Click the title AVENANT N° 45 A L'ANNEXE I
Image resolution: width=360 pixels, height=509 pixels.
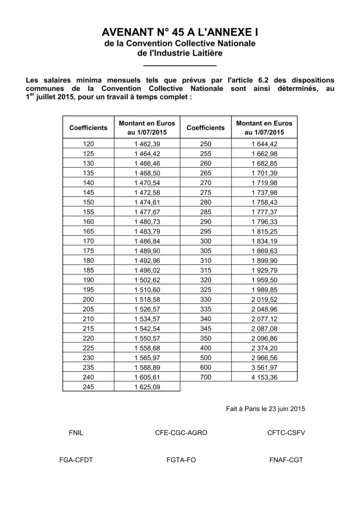point(180,33)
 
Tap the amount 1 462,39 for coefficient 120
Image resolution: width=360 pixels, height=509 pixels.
point(147,144)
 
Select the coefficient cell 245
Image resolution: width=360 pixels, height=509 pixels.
point(88,386)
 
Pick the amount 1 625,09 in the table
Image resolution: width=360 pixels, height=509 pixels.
point(147,386)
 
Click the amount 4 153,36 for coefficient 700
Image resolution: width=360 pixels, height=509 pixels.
point(265,377)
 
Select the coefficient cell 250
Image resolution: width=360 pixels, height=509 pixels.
point(205,144)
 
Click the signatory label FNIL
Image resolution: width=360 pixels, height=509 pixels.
point(76,432)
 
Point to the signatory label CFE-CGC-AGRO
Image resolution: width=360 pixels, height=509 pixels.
point(181,432)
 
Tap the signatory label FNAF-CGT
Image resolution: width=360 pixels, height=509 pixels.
point(286,460)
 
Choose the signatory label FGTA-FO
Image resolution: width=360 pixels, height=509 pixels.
point(181,460)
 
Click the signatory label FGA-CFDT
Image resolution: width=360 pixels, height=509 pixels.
point(76,460)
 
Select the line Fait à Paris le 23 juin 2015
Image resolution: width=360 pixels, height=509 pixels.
point(266,409)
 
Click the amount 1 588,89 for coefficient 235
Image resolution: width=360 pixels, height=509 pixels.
point(147,368)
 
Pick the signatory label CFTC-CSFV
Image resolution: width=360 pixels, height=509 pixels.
point(286,432)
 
